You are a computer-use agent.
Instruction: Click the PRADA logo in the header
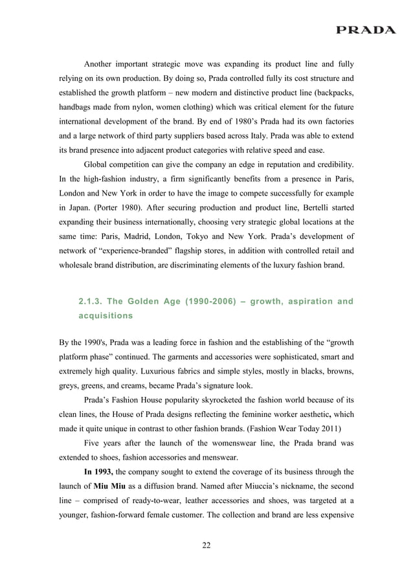click(365, 30)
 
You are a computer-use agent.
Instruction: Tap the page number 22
click(206, 545)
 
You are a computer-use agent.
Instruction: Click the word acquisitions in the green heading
click(107, 317)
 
